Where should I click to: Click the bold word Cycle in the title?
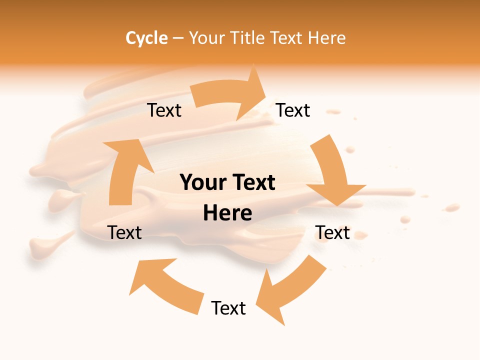pos(146,38)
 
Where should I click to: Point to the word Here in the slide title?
pos(326,38)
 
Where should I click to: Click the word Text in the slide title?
pos(287,38)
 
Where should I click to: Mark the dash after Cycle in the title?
pos(178,38)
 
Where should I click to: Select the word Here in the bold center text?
pos(227,213)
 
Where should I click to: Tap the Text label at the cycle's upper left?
pos(164,110)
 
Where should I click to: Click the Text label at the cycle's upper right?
pos(293,110)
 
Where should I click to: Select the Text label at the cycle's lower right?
pos(332,232)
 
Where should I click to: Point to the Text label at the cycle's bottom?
pos(228,308)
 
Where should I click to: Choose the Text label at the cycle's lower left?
pos(124,232)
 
